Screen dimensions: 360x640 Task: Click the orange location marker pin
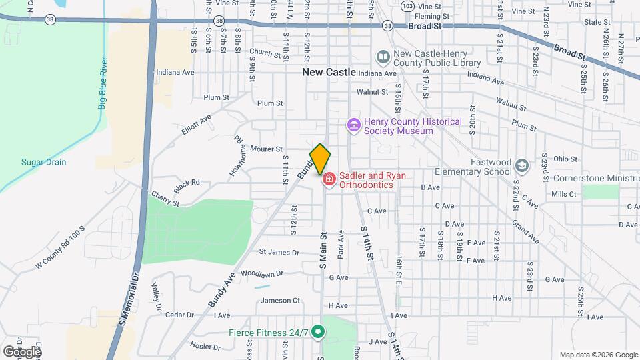[x=320, y=159]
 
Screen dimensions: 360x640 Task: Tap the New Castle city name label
[x=329, y=72]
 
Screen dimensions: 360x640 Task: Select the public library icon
[x=383, y=58]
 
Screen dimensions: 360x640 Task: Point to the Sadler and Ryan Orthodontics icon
[x=329, y=180]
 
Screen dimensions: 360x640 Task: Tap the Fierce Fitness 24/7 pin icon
[x=319, y=331]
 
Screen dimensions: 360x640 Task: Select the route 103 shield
[x=407, y=6]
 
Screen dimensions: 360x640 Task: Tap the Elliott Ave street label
[x=196, y=125]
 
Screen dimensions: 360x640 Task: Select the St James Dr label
[x=279, y=252]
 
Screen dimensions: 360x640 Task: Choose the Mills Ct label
[x=563, y=194]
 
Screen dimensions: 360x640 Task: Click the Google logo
[x=21, y=351]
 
